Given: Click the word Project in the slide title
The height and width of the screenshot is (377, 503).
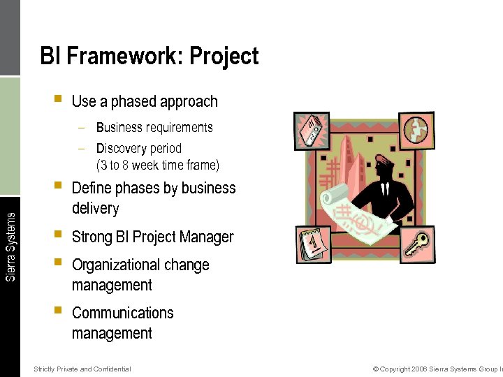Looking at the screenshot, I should [x=224, y=56].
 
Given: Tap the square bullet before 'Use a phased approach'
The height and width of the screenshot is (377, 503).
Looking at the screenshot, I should [x=57, y=100].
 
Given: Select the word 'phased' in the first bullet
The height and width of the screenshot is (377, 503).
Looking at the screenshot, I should [x=132, y=102].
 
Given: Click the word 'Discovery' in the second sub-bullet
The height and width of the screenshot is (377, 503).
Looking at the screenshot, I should [x=118, y=148].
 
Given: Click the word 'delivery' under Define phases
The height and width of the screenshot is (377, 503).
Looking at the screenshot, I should [x=96, y=209].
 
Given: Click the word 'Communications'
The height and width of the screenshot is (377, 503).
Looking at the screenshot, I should [x=122, y=313].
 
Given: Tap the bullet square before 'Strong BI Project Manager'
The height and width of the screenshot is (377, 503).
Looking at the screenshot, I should [x=57, y=235].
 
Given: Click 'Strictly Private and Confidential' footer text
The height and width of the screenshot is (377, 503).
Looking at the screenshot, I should [x=82, y=369].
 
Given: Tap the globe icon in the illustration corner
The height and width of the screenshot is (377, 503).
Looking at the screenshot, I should [x=417, y=130].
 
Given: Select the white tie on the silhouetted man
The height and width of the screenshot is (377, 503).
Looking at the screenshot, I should [x=384, y=190].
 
